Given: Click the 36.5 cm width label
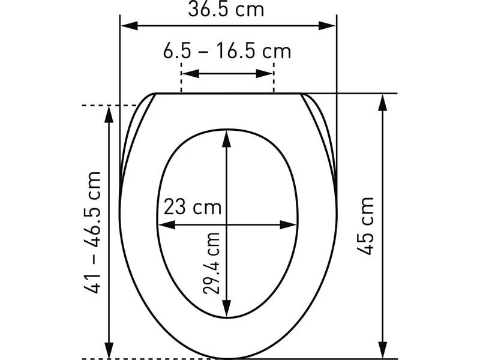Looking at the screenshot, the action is pyautogui.click(x=226, y=9).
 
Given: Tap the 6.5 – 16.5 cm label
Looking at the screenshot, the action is pyautogui.click(x=227, y=51).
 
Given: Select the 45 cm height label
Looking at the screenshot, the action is pyautogui.click(x=366, y=226).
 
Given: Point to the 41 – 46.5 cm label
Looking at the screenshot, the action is pyautogui.click(x=92, y=232).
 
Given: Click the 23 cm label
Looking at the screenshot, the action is pyautogui.click(x=193, y=207).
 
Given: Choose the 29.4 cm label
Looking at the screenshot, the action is pyautogui.click(x=211, y=263).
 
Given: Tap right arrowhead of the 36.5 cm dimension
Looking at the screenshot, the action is pyautogui.click(x=326, y=26).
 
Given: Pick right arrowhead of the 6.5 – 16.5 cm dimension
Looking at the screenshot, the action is pyautogui.click(x=264, y=73).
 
